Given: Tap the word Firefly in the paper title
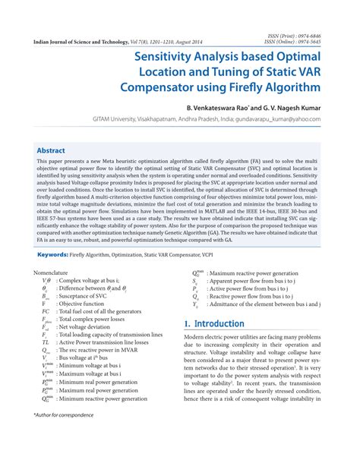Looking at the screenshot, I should (266, 87).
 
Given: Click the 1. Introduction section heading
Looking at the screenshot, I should (215, 323).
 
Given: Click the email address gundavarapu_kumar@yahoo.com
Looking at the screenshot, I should (276, 119).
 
